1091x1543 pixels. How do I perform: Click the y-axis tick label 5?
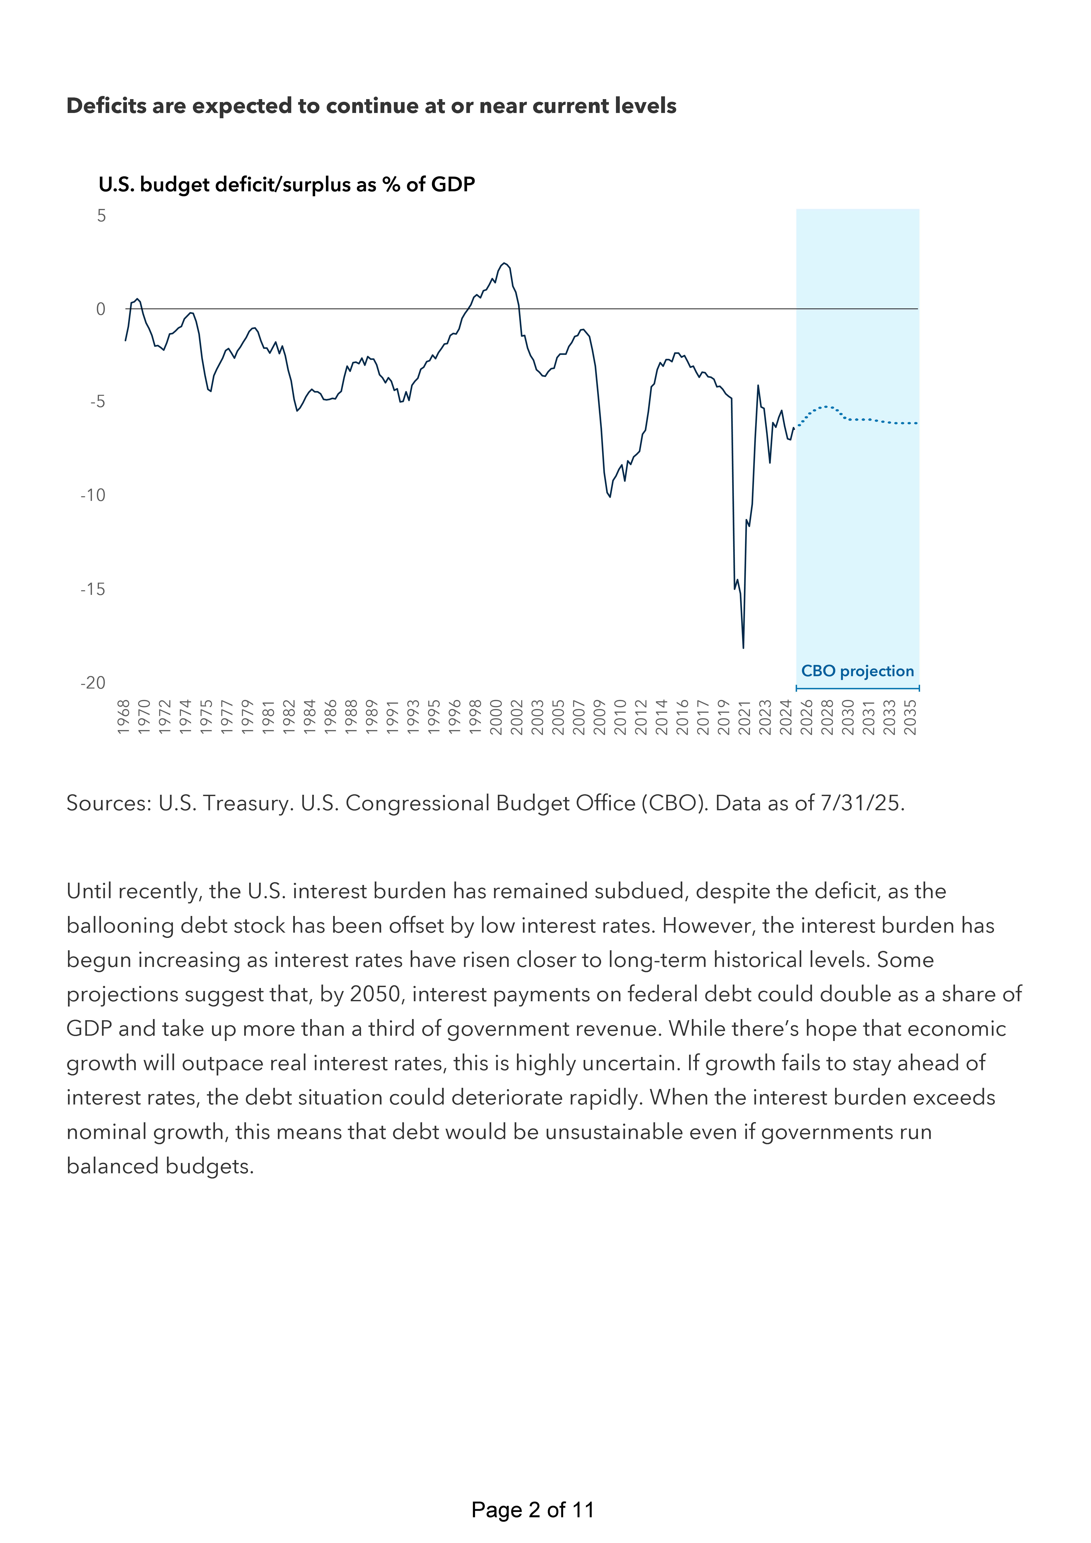click(x=101, y=216)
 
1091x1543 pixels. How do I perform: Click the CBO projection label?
click(x=857, y=671)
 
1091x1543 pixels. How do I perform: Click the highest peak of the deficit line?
click(x=504, y=263)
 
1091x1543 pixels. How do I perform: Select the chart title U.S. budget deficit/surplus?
click(x=286, y=184)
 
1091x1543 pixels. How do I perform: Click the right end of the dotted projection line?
click(x=917, y=423)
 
